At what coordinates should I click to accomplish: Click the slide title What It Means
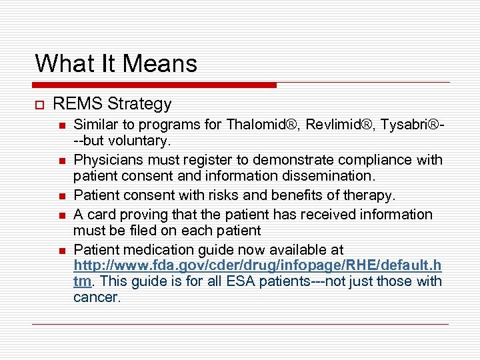(116, 63)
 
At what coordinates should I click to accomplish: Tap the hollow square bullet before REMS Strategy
(39, 105)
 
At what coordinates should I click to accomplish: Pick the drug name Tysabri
(405, 124)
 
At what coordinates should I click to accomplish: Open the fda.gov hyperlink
(257, 265)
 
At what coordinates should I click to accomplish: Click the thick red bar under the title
(155, 85)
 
